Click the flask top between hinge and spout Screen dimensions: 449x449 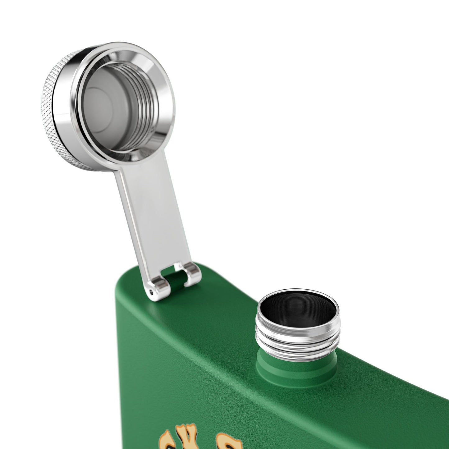coord(227,298)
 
